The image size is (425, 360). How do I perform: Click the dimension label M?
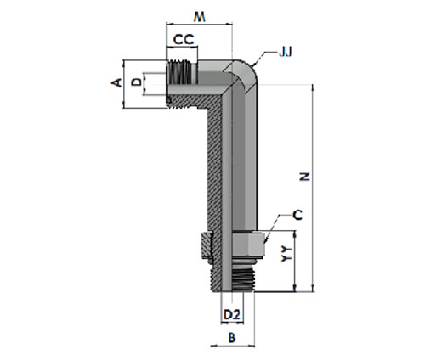[199, 17]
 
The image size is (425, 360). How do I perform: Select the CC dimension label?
[184, 40]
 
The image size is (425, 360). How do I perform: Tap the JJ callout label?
[286, 52]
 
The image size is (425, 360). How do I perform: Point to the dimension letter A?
[116, 82]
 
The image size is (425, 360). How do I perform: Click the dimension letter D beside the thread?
[137, 82]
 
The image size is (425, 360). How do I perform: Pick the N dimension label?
[305, 177]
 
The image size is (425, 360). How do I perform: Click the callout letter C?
[297, 215]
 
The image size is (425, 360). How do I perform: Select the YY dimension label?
[286, 253]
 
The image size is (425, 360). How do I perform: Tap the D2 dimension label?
[232, 314]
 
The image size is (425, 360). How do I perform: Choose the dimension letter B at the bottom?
[232, 337]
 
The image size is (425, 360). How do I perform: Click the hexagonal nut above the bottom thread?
[248, 243]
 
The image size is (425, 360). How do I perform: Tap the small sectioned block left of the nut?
[207, 245]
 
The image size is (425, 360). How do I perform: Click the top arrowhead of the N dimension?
[313, 87]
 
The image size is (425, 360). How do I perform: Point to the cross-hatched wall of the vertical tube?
[214, 176]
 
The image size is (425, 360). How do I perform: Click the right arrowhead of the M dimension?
[229, 24]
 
